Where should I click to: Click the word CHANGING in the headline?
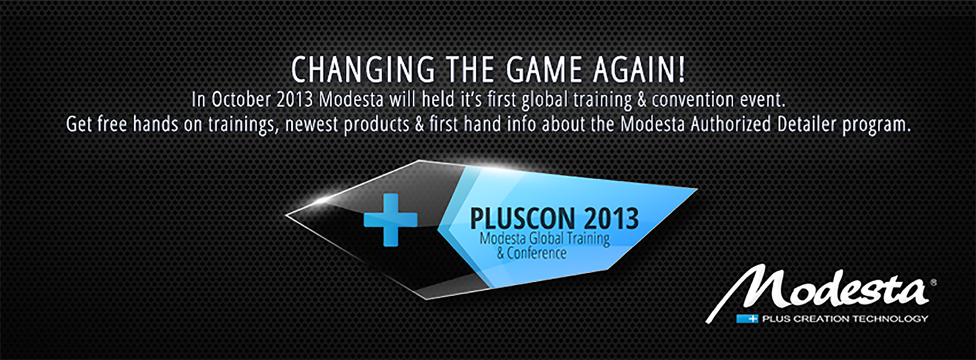point(363,70)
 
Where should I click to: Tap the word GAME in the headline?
point(544,70)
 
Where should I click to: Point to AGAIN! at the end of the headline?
point(639,70)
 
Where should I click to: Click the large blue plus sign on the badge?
point(390,220)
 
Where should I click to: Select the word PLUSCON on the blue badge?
point(522,218)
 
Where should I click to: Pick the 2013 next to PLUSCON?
point(611,218)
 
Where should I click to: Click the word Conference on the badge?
point(537,253)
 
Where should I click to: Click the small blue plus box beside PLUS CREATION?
point(747,319)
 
